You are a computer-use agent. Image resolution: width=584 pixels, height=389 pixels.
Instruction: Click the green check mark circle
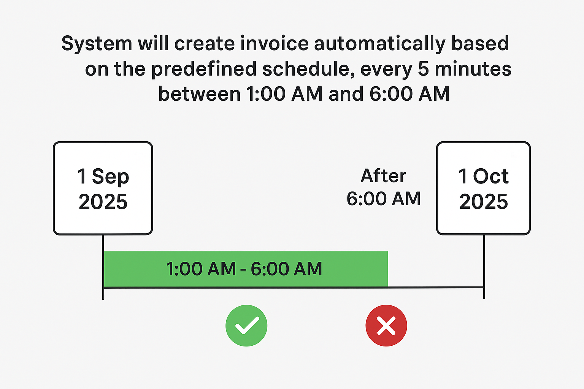(x=246, y=326)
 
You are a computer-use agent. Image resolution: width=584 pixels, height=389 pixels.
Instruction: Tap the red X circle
(x=386, y=326)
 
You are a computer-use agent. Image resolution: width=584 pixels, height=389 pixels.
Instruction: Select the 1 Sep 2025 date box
(x=103, y=188)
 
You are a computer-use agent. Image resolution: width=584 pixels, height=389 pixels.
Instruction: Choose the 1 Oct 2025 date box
(x=483, y=188)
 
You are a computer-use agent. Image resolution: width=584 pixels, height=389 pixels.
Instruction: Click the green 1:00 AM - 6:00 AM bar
(x=246, y=269)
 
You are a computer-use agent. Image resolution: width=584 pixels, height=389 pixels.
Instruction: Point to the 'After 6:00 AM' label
(x=384, y=187)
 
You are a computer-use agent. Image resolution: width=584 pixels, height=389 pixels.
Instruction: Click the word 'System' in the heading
(x=97, y=44)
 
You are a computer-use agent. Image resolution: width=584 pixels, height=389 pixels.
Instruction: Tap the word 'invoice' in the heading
(x=274, y=43)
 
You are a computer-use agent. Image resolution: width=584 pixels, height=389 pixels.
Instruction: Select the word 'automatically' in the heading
(x=380, y=44)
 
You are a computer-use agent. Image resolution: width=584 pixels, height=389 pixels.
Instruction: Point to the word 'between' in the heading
(x=199, y=94)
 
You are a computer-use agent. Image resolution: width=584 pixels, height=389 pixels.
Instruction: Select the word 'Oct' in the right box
(x=491, y=176)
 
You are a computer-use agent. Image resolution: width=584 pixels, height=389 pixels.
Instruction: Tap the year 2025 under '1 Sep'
(x=103, y=202)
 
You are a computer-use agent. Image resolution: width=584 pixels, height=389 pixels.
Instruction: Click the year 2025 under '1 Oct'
(x=484, y=202)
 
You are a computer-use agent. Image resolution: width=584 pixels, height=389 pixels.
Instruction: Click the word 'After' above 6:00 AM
(x=383, y=176)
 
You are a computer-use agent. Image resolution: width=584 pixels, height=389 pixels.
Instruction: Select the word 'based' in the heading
(x=480, y=43)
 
